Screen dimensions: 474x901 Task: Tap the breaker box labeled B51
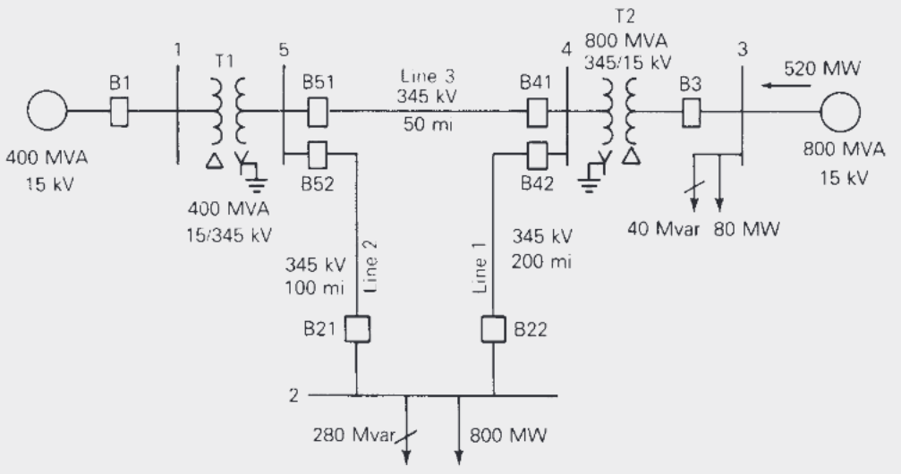316,113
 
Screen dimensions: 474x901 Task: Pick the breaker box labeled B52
316,155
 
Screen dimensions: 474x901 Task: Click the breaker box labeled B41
537,113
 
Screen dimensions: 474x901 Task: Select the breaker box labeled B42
537,155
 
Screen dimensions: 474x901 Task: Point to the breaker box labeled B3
691,113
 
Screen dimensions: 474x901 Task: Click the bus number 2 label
293,394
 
